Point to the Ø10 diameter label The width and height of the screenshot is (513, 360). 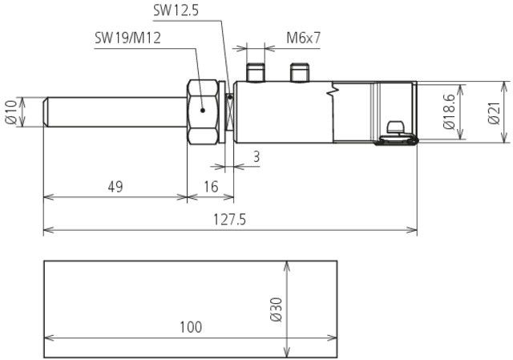coord(11,111)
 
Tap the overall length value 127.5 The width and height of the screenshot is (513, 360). coord(230,220)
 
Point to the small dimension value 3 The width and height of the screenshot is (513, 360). coord(255,157)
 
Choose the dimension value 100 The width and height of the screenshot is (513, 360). coord(190,326)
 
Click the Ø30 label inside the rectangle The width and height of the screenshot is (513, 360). coord(277,309)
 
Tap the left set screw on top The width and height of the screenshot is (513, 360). coord(257,73)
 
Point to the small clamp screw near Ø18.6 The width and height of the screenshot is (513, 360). coord(394,128)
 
